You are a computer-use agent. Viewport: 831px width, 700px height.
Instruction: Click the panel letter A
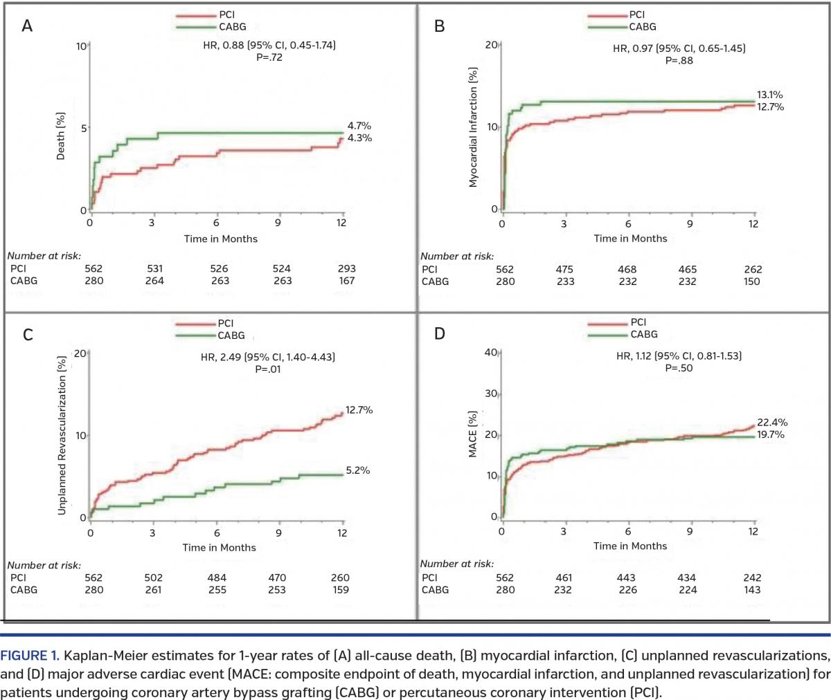27,26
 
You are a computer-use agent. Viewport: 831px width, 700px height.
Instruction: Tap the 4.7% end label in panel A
359,126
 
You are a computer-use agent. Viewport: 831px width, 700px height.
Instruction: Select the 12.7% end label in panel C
359,410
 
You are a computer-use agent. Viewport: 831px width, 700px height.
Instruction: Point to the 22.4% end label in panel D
771,423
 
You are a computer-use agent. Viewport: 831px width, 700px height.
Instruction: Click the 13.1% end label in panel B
769,95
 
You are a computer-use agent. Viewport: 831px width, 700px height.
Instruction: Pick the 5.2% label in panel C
357,470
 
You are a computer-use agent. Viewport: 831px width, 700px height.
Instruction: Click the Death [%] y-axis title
61,136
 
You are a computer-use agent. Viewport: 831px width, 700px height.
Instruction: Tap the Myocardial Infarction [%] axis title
473,127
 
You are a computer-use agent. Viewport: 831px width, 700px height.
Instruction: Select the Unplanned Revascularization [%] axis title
62,435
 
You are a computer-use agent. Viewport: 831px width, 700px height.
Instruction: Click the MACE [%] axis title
473,434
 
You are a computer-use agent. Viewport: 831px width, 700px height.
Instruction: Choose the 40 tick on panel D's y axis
490,353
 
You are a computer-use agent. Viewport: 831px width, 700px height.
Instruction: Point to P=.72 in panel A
269,57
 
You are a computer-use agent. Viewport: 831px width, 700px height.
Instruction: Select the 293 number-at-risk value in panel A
346,268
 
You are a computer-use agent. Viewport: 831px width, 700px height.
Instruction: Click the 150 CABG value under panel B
751,282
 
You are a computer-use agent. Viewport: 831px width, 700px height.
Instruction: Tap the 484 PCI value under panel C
217,578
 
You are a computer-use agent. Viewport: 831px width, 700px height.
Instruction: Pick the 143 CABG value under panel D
751,590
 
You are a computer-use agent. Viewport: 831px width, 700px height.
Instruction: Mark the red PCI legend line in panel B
607,15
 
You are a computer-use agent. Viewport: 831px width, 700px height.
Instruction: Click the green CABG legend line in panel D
608,335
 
